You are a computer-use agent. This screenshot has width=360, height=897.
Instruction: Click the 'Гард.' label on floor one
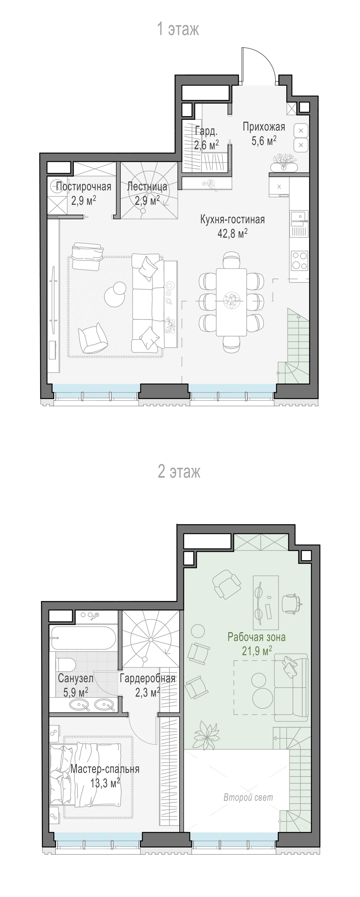[206, 131]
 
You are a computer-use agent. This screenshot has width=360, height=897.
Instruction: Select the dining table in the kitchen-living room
[231, 302]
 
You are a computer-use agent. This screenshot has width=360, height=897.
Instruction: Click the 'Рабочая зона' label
[257, 637]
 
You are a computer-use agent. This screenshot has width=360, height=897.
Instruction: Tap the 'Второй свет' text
[248, 797]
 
